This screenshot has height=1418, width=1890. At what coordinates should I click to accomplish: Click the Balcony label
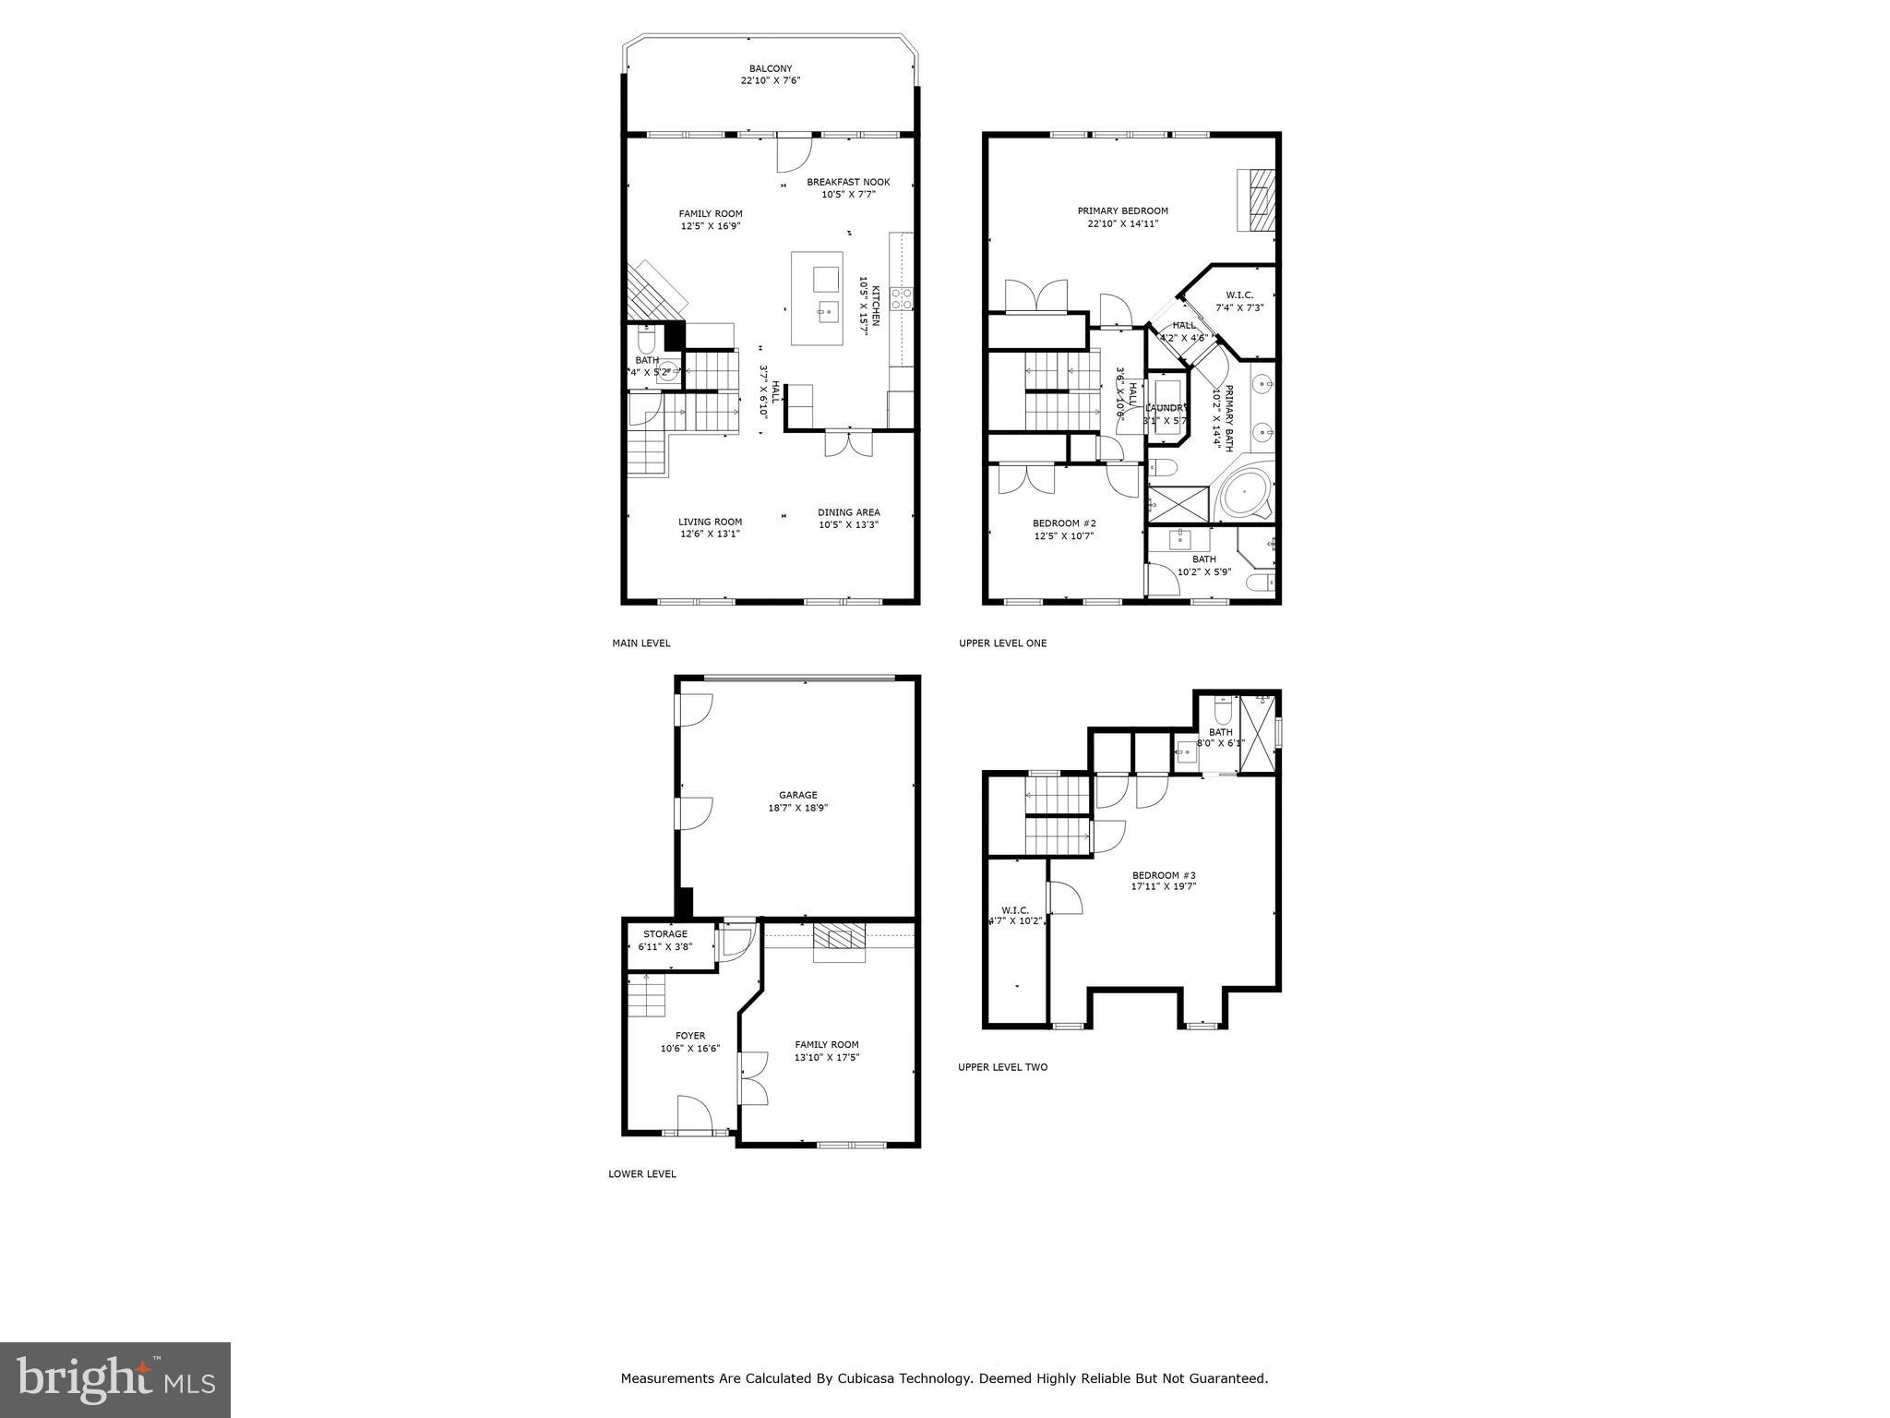[x=770, y=68]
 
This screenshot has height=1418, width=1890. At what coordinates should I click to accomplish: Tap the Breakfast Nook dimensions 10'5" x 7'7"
[x=848, y=195]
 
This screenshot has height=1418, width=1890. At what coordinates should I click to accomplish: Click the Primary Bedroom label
[x=1122, y=210]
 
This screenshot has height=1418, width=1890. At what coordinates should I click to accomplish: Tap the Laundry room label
[x=1166, y=408]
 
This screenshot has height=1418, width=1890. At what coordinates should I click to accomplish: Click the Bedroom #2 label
[x=1063, y=523]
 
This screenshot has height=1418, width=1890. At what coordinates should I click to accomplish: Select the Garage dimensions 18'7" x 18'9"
[x=797, y=808]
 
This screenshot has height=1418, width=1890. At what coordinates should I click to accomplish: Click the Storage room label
[x=664, y=934]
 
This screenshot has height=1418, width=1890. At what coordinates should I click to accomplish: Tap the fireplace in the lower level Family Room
[x=839, y=941]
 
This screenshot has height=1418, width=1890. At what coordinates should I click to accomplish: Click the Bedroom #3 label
[x=1164, y=875]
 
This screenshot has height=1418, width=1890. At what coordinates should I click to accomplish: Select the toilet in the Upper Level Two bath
[x=1223, y=712]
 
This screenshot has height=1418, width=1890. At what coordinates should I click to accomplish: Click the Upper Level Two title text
[x=1002, y=1067]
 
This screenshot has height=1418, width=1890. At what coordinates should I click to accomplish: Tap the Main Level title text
[x=640, y=643]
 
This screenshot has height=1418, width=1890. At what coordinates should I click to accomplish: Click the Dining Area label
[x=848, y=512]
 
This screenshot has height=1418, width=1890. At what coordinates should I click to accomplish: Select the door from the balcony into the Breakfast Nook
[x=794, y=152]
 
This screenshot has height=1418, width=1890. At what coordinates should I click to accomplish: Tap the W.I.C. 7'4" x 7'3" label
[x=1238, y=295]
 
